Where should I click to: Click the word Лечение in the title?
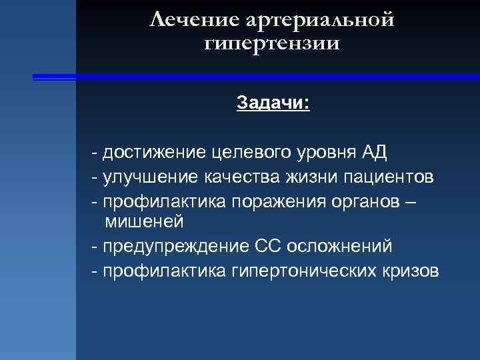(195, 20)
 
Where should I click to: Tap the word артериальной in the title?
(321, 20)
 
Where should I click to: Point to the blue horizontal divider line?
(253, 77)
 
